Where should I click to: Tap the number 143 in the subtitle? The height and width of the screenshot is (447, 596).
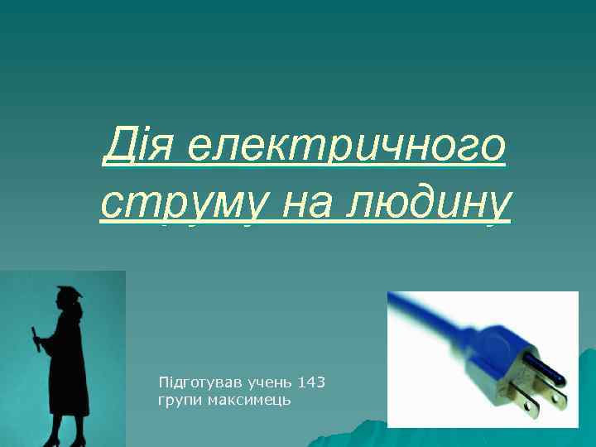(310, 382)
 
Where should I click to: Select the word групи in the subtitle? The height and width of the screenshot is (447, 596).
(177, 401)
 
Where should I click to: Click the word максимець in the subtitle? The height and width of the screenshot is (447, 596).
(245, 401)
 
